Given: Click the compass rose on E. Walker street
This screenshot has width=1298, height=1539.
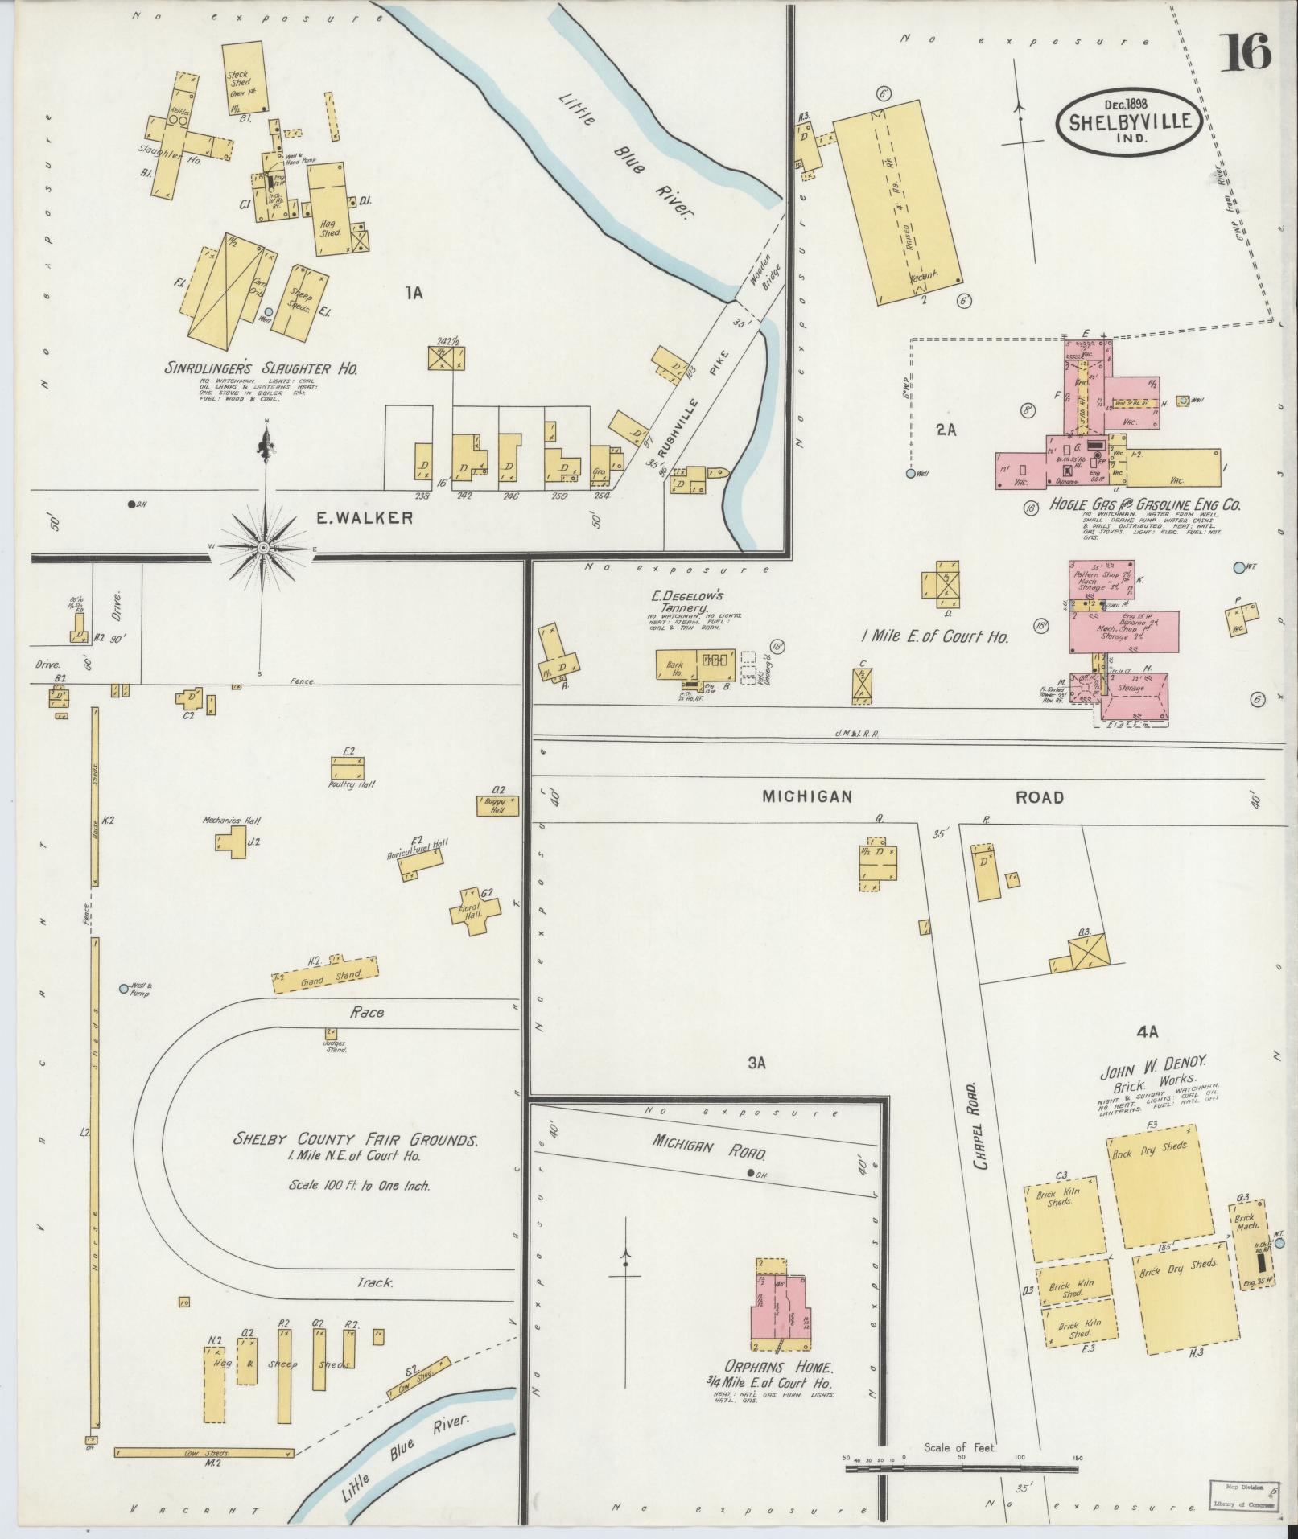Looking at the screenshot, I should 264,548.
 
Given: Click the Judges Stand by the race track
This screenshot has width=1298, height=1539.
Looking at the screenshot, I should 331,1032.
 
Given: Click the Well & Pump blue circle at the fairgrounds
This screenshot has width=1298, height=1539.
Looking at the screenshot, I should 123,988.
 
